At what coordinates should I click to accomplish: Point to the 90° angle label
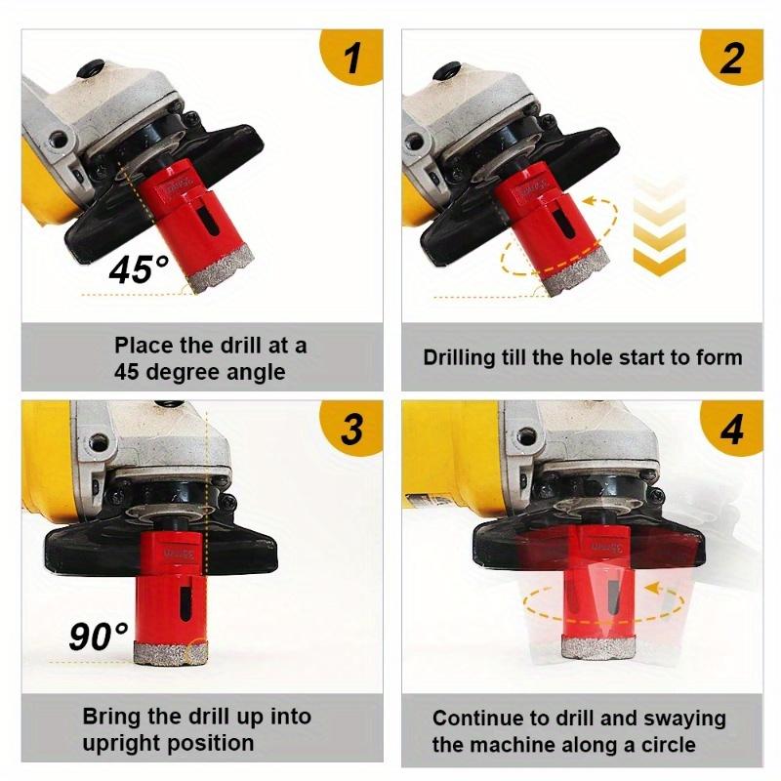pyautogui.click(x=98, y=636)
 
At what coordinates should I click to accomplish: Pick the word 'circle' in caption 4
pyautogui.click(x=665, y=745)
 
